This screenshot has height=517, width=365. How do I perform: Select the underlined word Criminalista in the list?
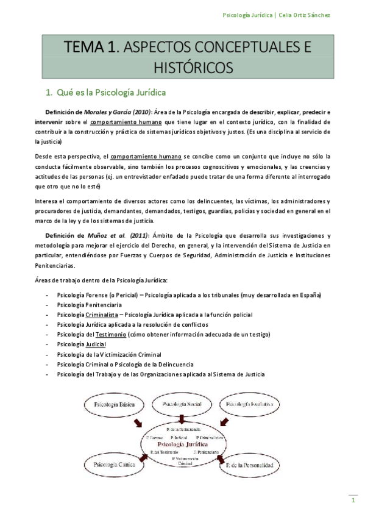102,315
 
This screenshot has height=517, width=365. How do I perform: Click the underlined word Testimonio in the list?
110,334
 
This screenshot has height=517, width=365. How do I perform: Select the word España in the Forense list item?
310,295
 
